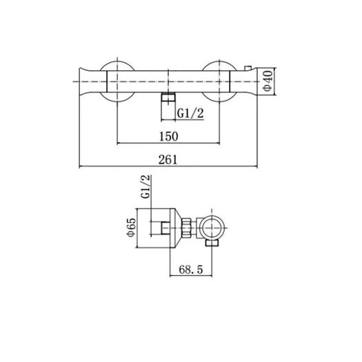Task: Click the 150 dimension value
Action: (x=169, y=137)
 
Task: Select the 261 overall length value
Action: (x=168, y=159)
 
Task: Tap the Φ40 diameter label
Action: (x=268, y=81)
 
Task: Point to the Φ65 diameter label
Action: (x=131, y=227)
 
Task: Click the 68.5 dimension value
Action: (x=191, y=270)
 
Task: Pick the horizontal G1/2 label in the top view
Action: (x=190, y=113)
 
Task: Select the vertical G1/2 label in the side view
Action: (x=145, y=187)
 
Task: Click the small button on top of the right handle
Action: (x=248, y=68)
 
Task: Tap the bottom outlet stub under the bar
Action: (x=168, y=106)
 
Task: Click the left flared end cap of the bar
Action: (x=93, y=81)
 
